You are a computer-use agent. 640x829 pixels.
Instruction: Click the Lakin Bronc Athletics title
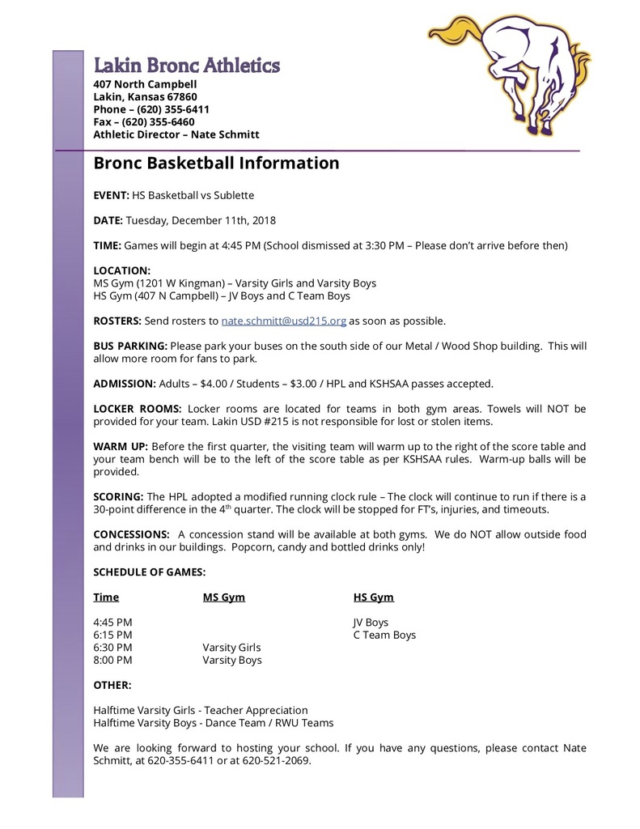pos(187,66)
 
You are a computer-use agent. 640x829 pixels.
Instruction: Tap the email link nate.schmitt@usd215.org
pos(284,321)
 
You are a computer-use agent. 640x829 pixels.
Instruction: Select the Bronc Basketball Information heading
pos(216,163)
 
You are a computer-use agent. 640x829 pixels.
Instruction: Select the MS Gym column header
pos(223,597)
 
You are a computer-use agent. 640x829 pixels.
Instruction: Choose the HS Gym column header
pos(373,597)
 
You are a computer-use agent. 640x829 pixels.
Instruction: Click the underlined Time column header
pos(106,597)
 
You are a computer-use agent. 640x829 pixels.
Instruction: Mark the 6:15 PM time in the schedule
pos(112,635)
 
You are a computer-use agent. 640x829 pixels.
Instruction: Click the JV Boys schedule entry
pos(371,623)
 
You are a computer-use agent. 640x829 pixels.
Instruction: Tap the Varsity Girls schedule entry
pos(231,648)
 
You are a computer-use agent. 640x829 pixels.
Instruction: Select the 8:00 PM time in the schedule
pos(112,660)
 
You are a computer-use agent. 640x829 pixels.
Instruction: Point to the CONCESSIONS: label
pos(131,534)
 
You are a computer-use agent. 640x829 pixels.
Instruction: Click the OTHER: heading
pos(112,685)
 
